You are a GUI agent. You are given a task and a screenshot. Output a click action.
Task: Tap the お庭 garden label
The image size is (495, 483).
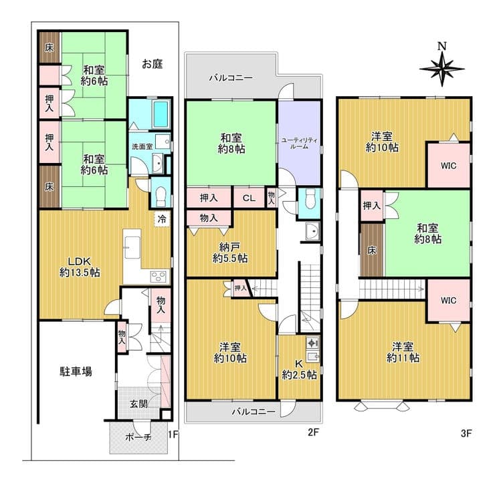[152, 64]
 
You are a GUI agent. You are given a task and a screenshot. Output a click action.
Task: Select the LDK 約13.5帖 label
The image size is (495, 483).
[80, 267]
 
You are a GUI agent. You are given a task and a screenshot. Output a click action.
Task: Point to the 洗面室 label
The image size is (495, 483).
[142, 146]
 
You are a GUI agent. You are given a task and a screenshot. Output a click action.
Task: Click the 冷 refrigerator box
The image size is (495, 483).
[162, 219]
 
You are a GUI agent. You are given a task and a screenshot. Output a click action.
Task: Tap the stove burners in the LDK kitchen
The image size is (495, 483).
[157, 277]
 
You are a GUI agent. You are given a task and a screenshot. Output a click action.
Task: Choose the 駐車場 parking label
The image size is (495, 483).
[76, 371]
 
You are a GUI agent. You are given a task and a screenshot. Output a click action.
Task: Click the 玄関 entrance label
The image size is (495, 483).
[138, 404]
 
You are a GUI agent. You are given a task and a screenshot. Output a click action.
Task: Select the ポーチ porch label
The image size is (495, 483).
[138, 437]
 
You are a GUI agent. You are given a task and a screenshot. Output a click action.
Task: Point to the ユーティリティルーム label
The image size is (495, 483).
[299, 144]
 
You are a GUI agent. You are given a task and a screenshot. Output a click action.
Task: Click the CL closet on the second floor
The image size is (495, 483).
[249, 198]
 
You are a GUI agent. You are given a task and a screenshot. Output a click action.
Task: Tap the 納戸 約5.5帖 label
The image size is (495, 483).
[230, 253]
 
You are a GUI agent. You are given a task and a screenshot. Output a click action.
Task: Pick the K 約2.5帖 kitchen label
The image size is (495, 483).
[299, 369]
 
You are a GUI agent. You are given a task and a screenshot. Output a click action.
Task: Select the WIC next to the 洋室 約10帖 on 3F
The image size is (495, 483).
[449, 166]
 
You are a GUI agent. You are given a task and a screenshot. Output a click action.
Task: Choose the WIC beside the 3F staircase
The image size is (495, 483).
[449, 300]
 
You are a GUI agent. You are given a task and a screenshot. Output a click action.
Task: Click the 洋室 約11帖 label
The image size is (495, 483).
[403, 353]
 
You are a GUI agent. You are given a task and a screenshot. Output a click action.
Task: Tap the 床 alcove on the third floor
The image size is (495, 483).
[372, 251]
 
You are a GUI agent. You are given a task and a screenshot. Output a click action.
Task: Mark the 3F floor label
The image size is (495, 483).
[466, 434]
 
